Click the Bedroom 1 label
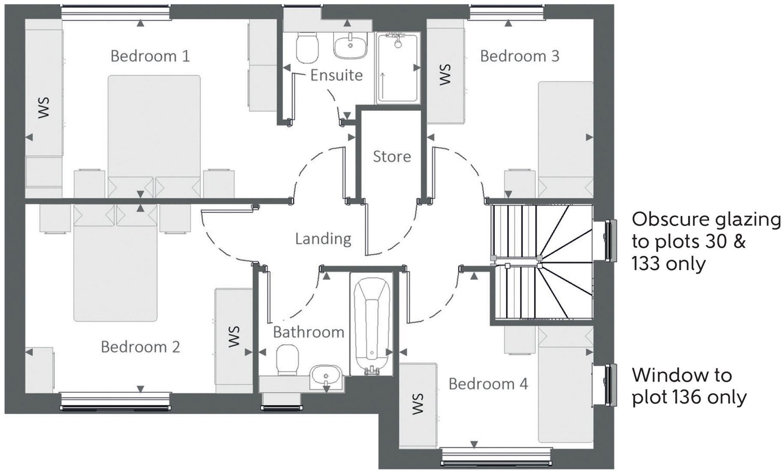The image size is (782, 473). click(150, 56)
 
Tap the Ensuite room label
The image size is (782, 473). click(336, 75)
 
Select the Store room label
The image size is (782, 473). click(391, 157)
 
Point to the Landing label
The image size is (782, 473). click(323, 239)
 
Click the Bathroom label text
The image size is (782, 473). click(308, 332)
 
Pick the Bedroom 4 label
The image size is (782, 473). click(488, 384)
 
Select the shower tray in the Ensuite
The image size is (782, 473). click(398, 69)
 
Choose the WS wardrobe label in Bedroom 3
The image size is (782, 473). click(445, 75)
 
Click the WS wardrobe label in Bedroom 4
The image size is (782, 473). click(417, 404)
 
